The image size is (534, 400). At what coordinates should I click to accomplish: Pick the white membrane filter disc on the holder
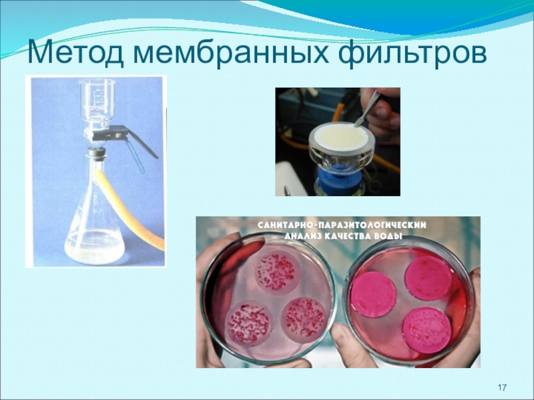[341, 138]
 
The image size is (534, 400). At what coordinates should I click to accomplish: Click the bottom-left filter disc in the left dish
[248, 323]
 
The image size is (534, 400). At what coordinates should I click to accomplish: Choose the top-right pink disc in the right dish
[429, 277]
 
